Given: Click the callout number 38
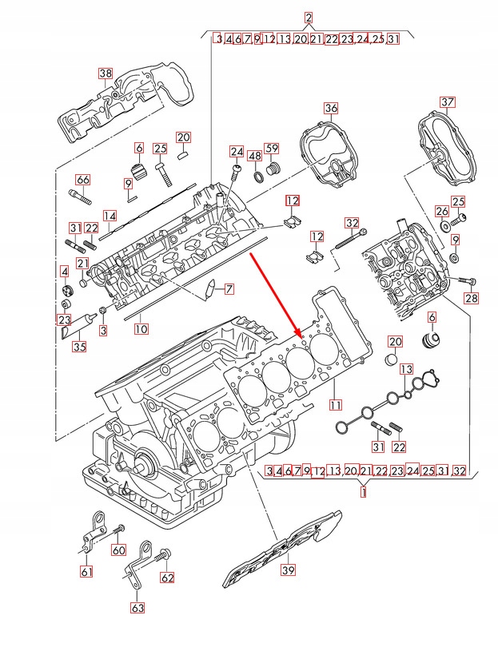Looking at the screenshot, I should coord(106,73).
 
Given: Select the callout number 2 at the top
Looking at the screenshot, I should coord(309,17).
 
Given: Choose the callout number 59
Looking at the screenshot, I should coord(271,148).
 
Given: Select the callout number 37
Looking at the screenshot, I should coord(447,101).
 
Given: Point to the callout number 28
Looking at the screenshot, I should coord(471,299).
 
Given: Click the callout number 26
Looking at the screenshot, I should coord(442,211).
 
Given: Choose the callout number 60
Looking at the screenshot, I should coord(119,550).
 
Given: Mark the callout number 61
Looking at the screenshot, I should coord(86,571).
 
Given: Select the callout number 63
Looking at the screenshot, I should coord(137,607).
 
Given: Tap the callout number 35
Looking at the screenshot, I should coord(78,347).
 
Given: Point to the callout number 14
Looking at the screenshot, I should coord(110,216).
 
